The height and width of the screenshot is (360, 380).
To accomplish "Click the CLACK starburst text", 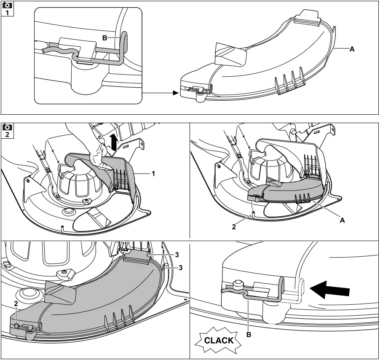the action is tap(218, 340).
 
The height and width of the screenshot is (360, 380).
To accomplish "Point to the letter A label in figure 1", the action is tap(352, 49).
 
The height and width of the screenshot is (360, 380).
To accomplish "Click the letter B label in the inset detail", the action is tap(104, 38).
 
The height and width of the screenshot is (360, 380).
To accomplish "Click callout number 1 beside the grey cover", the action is tap(154, 174).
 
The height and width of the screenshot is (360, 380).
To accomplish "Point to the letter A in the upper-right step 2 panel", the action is tap(342, 220).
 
